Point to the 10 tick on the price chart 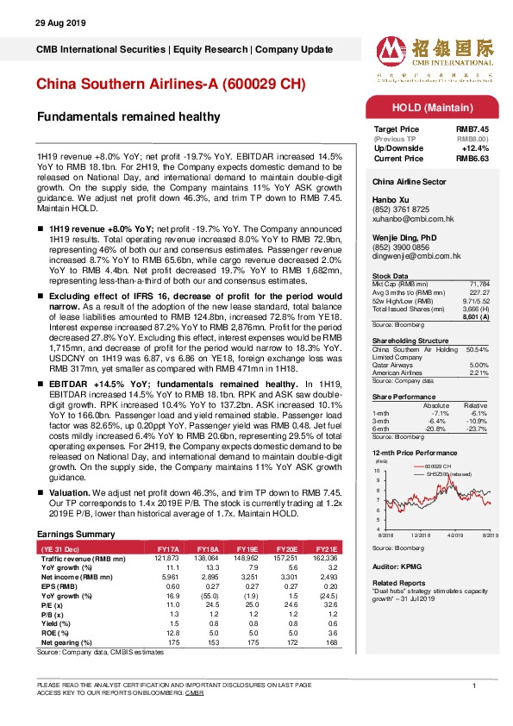point(376,471)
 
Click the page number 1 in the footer point(475,685)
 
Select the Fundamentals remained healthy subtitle point(128,116)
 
